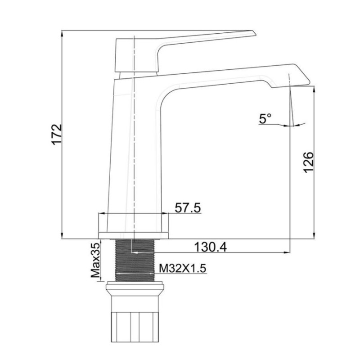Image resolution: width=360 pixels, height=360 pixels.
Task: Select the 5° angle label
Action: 265,119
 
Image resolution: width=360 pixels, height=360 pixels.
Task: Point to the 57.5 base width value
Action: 188,208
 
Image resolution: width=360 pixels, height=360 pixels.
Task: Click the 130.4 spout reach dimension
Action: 210,247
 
